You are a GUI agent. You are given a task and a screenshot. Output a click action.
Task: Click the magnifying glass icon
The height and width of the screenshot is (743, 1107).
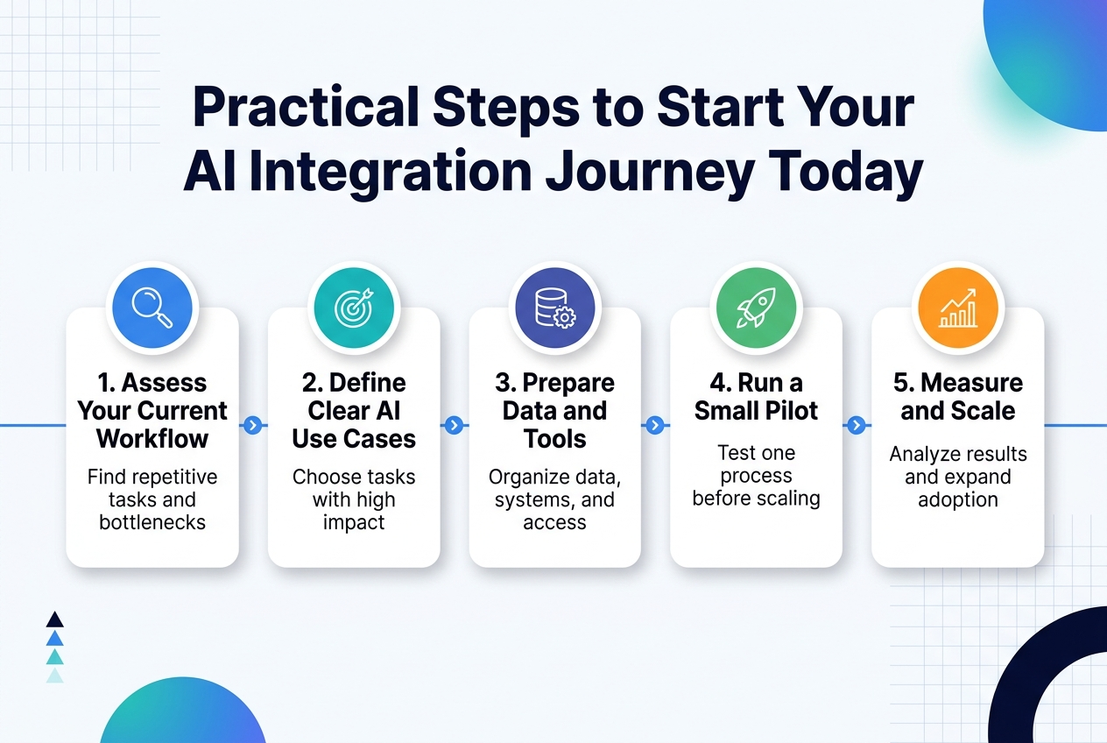click(152, 308)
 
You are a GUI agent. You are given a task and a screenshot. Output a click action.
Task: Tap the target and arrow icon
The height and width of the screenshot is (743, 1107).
click(354, 308)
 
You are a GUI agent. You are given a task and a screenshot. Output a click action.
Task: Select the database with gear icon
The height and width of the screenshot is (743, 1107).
click(554, 308)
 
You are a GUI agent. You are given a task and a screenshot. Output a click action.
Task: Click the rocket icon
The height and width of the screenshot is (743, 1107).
click(756, 308)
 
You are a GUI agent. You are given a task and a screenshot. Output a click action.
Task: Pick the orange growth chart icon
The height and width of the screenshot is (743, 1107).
click(957, 308)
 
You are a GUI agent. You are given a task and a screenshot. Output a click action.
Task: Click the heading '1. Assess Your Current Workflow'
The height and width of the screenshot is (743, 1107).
click(152, 410)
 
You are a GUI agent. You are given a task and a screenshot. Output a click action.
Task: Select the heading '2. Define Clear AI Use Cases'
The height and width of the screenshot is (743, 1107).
click(354, 410)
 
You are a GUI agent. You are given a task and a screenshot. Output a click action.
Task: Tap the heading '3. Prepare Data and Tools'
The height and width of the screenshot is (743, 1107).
click(554, 410)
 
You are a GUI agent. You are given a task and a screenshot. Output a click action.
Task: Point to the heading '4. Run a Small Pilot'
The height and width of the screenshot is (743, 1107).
click(756, 397)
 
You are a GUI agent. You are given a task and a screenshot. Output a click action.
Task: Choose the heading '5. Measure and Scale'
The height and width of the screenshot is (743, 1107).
click(957, 397)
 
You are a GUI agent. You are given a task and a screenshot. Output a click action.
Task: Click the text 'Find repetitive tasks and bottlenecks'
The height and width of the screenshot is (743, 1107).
click(152, 500)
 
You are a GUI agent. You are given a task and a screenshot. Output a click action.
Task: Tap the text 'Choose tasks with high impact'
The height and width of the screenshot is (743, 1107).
click(354, 500)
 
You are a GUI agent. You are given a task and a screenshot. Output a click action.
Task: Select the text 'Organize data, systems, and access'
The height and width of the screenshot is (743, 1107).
click(554, 500)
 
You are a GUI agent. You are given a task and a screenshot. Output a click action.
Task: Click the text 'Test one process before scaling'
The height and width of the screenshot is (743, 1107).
click(756, 476)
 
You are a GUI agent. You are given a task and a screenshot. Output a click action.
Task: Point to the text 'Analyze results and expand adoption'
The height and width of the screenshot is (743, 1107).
click(957, 478)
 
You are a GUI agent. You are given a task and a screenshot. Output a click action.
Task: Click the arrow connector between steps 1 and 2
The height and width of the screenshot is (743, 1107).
click(253, 426)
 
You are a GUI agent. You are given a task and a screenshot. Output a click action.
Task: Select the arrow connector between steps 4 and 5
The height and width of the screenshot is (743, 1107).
click(857, 426)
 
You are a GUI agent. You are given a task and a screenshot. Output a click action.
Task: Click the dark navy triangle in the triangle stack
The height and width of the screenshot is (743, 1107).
click(54, 619)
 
